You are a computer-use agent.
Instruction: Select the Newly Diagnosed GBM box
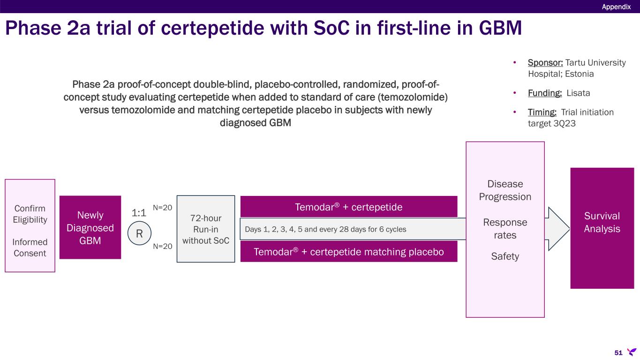[90, 227]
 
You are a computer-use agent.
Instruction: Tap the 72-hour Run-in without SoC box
[206, 229]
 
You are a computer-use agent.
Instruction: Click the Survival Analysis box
[602, 228]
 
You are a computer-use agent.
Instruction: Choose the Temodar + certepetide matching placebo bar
[349, 251]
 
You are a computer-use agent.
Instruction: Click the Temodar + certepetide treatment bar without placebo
[349, 207]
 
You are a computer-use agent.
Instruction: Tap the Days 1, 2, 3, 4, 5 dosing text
[325, 229]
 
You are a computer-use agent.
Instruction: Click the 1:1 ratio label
[139, 212]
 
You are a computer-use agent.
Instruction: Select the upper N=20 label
[163, 208]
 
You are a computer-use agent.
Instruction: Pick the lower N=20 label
[163, 246]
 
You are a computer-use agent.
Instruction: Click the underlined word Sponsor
[545, 62]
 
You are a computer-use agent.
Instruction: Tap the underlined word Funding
[545, 93]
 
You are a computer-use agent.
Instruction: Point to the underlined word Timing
[542, 112]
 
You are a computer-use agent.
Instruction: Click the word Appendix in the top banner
[616, 7]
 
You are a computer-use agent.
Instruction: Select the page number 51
[618, 352]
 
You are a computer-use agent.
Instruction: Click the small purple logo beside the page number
[632, 352]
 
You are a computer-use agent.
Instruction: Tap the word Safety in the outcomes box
[505, 256]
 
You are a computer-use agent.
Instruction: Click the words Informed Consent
[30, 247]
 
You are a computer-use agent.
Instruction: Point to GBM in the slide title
[500, 28]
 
